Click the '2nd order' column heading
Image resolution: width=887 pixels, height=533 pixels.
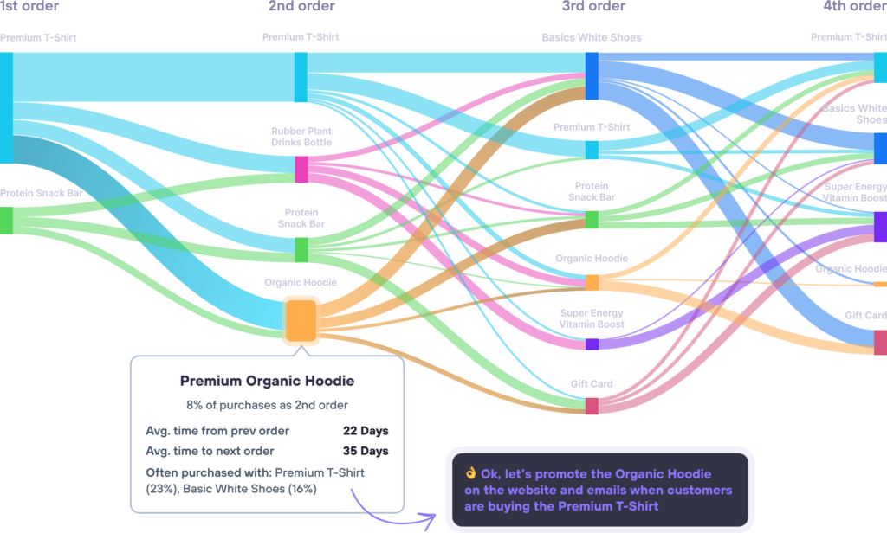(301, 7)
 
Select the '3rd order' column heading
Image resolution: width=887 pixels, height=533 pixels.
(592, 7)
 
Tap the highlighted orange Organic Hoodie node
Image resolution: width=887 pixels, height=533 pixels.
(302, 320)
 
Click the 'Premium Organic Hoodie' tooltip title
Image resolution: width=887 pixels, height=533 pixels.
(267, 381)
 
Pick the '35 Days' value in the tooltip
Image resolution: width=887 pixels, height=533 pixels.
(366, 451)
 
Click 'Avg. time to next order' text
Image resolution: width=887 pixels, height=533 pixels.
(210, 451)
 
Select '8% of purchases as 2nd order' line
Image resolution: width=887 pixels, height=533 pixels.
(267, 405)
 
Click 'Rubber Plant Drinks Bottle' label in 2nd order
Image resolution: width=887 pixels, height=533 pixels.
(301, 137)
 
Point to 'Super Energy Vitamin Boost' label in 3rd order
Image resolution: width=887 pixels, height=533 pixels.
(592, 318)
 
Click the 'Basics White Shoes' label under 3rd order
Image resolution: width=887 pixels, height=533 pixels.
(592, 38)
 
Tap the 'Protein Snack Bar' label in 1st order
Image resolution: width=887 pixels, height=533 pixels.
(41, 194)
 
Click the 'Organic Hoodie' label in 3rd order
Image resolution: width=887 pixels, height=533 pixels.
(592, 259)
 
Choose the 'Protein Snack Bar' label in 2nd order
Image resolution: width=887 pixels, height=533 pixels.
(301, 217)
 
